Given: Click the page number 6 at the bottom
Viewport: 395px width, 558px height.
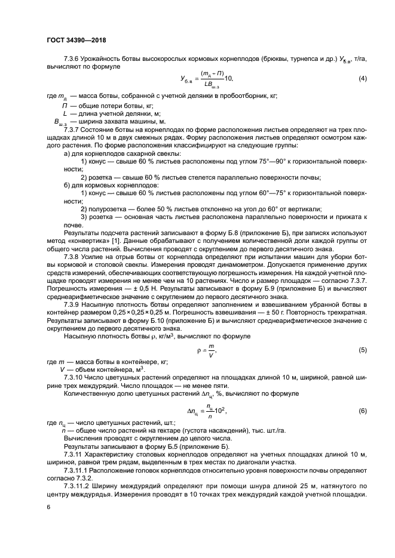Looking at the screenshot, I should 48,507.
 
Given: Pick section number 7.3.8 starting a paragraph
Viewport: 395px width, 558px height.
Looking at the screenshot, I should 73,255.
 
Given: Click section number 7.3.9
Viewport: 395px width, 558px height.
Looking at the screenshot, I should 73,304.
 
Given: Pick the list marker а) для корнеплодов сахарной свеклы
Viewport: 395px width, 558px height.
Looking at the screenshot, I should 66,153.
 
